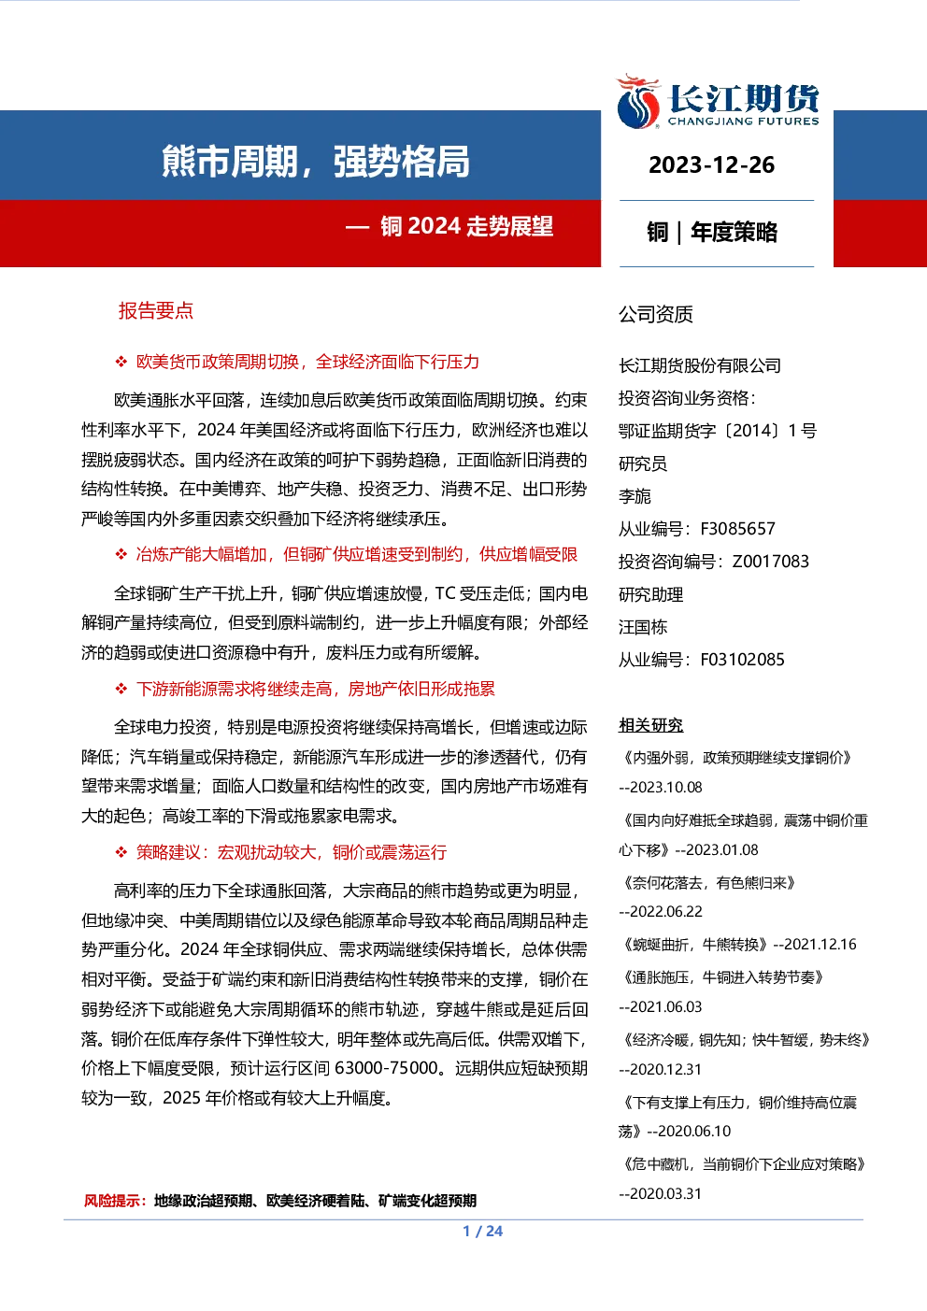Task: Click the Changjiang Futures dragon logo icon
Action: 638,101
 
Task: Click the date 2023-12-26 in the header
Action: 712,165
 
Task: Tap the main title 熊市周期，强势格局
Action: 316,161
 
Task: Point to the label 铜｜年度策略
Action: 712,233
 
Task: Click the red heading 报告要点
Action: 156,310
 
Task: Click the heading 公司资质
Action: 655,314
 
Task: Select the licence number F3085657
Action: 737,529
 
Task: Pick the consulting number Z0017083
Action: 771,562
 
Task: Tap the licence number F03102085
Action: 742,661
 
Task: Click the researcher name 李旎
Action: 635,496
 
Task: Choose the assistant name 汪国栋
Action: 643,627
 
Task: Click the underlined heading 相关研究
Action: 650,725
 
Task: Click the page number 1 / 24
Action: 483,1232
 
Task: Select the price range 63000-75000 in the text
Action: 386,1068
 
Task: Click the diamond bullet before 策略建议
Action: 121,852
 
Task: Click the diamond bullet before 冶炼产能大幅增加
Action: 121,554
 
